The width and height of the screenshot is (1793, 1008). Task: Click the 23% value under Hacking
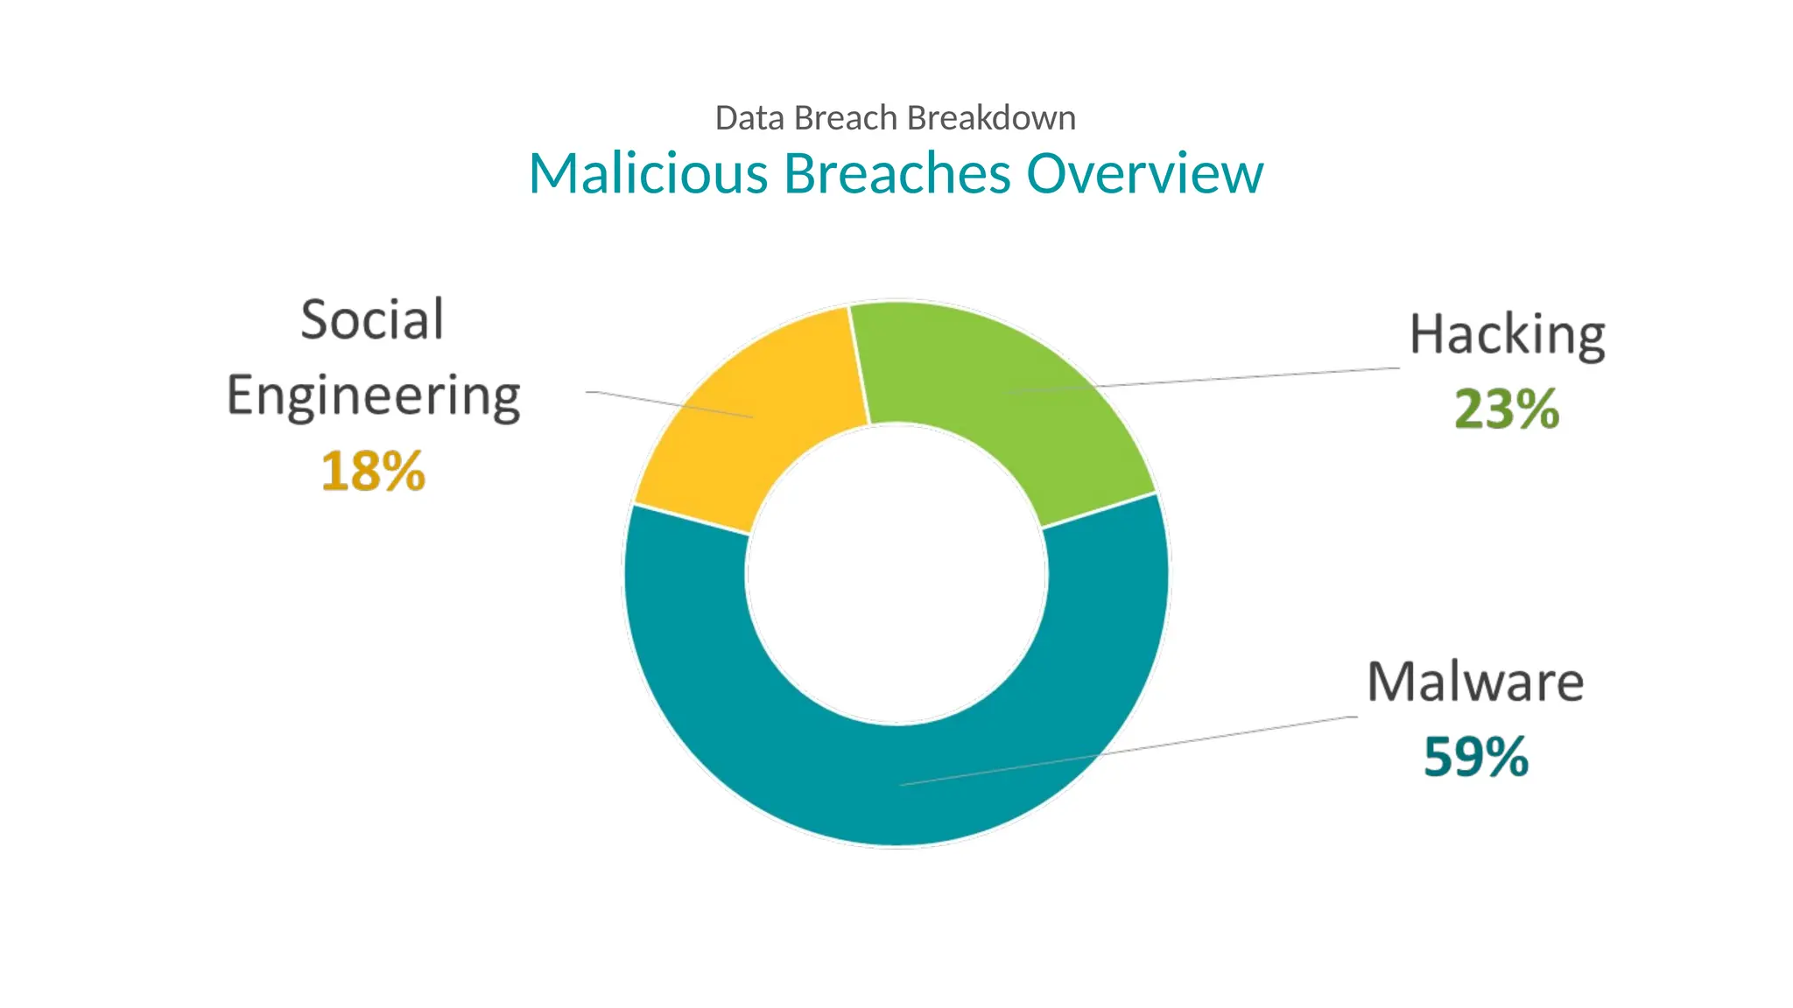coord(1507,409)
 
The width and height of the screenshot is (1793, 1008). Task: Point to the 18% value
coord(373,472)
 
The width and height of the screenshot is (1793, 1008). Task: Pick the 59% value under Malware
coord(1476,757)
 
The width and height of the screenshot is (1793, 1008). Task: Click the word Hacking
coord(1507,335)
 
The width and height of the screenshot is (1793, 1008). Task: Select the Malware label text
coord(1475,682)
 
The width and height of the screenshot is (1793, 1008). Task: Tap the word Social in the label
coord(372,319)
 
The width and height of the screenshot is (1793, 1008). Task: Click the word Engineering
coord(374,396)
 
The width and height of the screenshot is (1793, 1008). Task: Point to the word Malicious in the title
coord(648,173)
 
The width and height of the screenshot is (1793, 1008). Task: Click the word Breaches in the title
coord(897,173)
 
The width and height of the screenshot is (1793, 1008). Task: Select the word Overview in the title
coord(1144,173)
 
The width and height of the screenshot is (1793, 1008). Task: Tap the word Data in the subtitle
coord(750,118)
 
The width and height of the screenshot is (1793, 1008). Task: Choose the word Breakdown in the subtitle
coord(991,118)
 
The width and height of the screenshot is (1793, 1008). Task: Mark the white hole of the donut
coord(896,574)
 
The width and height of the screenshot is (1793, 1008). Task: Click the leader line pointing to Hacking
coord(1243,377)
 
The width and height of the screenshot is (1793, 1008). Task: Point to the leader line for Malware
coord(1226,736)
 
